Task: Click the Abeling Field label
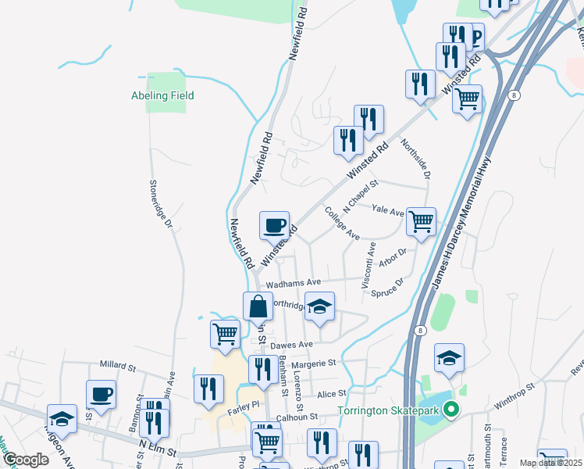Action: coord(162,96)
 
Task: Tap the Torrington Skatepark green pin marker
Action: coord(450,409)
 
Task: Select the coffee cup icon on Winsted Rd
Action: coord(274,226)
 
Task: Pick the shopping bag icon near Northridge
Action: coord(258,307)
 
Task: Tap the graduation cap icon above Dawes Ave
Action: coord(319,307)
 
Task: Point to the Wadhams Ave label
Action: coord(294,282)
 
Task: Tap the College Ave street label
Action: coord(342,224)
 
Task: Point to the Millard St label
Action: coord(118,365)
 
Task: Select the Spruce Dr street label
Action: coord(388,288)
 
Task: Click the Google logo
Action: coord(26,460)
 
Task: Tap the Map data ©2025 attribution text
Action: coord(551,463)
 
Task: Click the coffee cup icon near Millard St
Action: coord(101,395)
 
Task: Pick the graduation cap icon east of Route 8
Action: coord(449,359)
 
